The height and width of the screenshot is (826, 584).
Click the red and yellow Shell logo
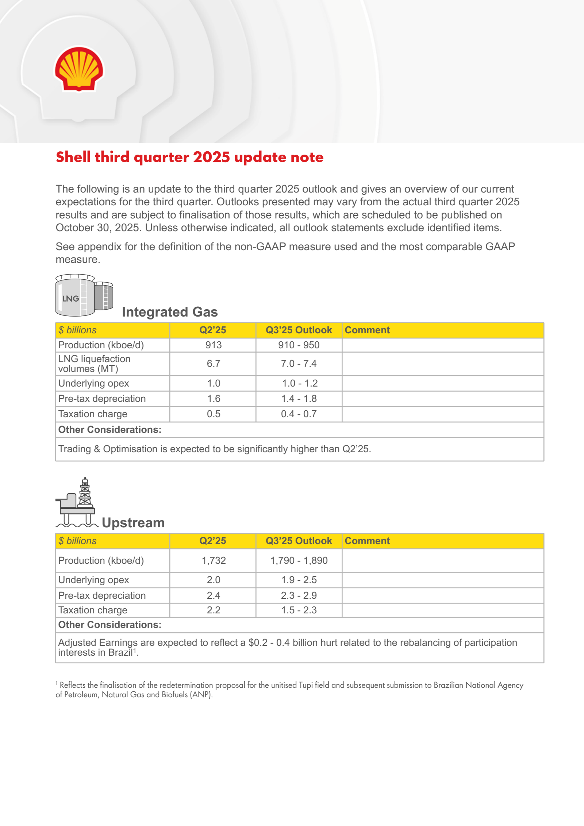pyautogui.click(x=79, y=69)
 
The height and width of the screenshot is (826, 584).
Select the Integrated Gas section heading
pyautogui.click(x=170, y=312)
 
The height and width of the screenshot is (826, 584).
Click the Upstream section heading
pyautogui.click(x=133, y=523)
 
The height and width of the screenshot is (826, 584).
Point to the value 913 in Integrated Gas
pyautogui.click(x=214, y=345)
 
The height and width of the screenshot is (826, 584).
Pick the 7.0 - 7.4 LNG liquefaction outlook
pyautogui.click(x=299, y=364)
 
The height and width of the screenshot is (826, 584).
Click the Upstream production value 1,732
pyautogui.click(x=214, y=561)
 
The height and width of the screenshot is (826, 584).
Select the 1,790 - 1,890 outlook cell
pyautogui.click(x=299, y=561)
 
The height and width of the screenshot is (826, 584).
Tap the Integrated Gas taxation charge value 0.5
pyautogui.click(x=214, y=414)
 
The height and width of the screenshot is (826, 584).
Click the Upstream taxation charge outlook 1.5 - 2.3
pyautogui.click(x=299, y=610)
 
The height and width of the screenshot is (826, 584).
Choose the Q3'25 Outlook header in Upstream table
pyautogui.click(x=299, y=541)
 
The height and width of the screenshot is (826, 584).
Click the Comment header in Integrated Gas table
pyautogui.click(x=367, y=330)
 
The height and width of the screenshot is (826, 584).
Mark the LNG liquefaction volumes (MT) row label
pyautogui.click(x=94, y=364)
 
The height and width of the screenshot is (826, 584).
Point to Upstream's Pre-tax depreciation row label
pyautogui.click(x=102, y=596)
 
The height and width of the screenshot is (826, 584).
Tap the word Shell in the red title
pyautogui.click(x=73, y=157)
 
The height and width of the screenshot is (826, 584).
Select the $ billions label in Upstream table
pyautogui.click(x=77, y=541)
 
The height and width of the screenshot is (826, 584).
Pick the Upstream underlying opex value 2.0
pyautogui.click(x=214, y=580)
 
